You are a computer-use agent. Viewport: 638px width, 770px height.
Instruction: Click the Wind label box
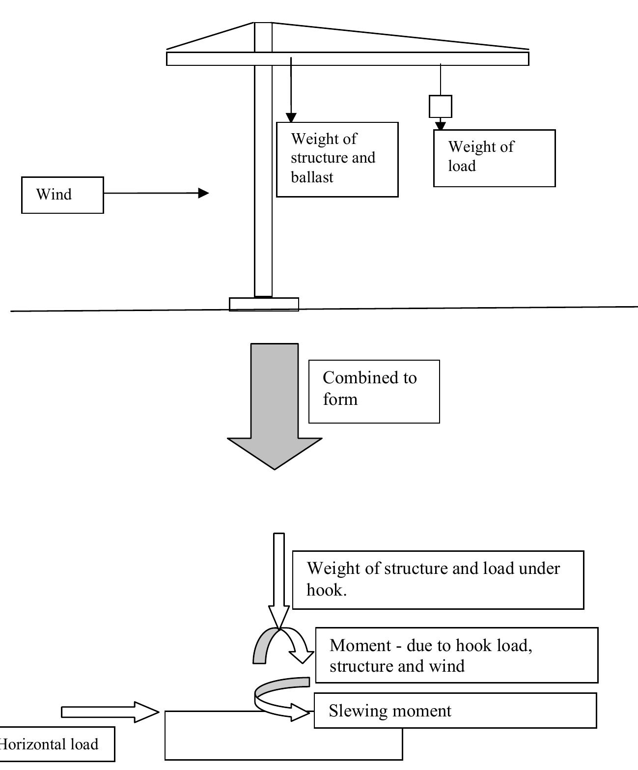pos(62,195)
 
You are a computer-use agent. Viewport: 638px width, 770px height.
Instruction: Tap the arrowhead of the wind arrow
pos(203,193)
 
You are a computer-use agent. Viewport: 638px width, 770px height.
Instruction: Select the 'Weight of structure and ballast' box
pos(337,160)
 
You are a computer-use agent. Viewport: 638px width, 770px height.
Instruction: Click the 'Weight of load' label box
pos(494,158)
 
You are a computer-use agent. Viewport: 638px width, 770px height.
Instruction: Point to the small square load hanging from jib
pos(440,106)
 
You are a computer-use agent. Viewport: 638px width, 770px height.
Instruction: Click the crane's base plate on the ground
pos(264,304)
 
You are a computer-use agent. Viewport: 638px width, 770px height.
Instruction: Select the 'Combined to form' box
pos(374,391)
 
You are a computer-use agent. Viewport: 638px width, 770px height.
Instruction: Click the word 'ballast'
pos(312,177)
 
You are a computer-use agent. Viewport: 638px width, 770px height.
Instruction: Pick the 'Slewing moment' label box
pos(455,711)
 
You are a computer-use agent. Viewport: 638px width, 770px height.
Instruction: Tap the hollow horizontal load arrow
pos(110,712)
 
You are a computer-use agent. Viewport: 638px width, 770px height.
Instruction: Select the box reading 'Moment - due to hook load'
pos(456,655)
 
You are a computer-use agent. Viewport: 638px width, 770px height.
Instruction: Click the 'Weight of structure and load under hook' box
pos(438,580)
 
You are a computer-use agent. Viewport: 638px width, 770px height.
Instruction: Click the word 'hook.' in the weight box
pos(327,590)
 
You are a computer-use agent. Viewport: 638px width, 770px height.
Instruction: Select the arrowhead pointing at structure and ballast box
pos(291,118)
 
